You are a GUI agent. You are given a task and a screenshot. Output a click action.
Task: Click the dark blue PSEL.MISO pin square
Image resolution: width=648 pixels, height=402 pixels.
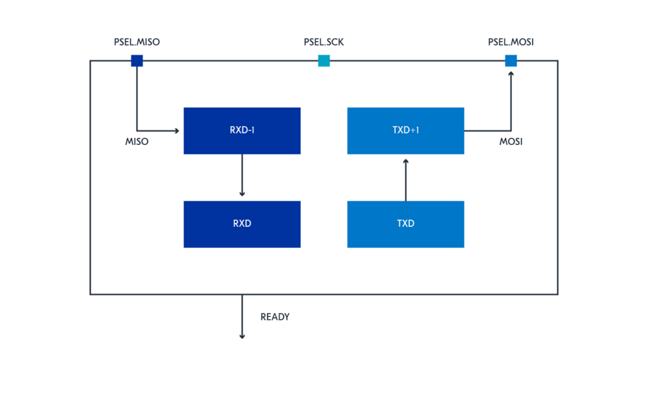(137, 61)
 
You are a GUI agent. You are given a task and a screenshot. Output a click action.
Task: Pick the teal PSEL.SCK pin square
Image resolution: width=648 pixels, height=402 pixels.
(324, 61)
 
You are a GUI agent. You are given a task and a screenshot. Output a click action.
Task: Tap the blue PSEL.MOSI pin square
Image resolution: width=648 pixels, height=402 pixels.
(511, 61)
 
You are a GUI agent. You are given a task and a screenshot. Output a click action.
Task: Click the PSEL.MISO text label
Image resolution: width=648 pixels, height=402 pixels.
(137, 43)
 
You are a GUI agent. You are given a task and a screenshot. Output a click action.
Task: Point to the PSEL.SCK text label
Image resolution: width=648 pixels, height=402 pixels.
(324, 43)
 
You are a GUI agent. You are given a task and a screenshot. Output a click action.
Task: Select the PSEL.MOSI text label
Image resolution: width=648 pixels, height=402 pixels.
(511, 43)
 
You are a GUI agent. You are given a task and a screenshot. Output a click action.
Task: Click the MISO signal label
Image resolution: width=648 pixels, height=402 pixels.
(137, 142)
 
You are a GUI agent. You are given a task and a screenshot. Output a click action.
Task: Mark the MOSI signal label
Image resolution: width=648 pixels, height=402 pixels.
(511, 142)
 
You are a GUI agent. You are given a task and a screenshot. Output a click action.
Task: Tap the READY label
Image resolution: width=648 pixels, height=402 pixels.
(275, 317)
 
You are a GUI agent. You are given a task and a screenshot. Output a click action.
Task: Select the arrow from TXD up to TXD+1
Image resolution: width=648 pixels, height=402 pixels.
(406, 180)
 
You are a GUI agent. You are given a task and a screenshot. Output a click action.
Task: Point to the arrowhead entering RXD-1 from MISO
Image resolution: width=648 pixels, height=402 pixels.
(178, 131)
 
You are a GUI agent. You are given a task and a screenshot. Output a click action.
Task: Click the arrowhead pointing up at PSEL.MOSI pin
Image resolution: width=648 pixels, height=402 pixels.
(511, 73)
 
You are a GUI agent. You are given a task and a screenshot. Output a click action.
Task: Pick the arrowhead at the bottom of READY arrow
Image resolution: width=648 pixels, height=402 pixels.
(242, 336)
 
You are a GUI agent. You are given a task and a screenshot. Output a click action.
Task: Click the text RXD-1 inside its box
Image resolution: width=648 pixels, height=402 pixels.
(242, 131)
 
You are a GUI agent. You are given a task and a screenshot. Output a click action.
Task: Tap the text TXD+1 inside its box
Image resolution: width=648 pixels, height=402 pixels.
(406, 131)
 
